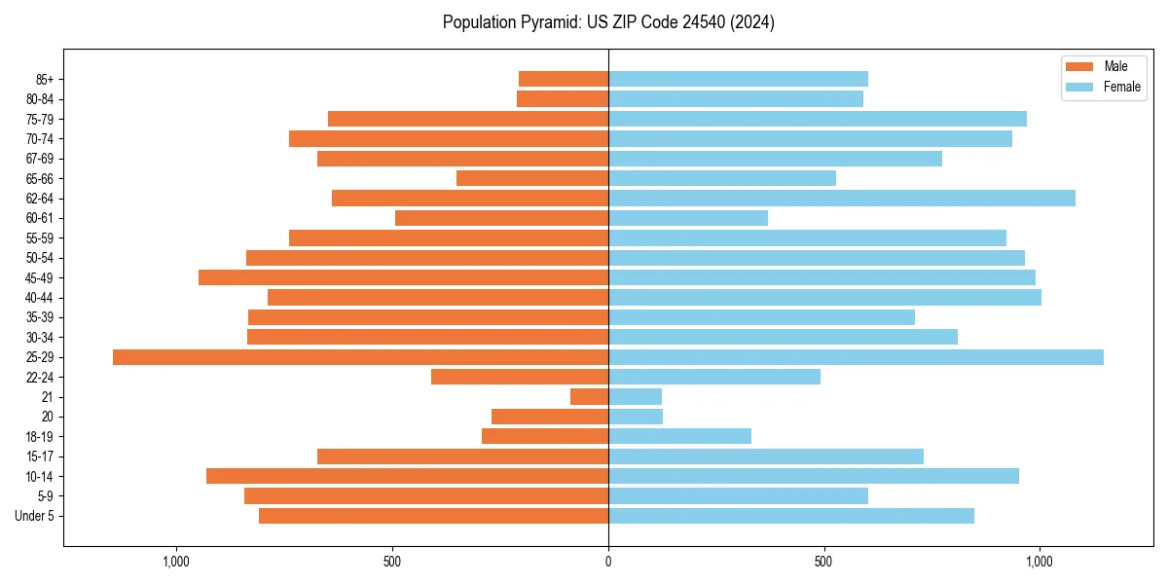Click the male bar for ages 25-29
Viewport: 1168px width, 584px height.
point(360,357)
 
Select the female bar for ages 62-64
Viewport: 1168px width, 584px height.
point(842,199)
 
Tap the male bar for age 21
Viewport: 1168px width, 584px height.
point(590,397)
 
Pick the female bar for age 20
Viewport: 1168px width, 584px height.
point(636,417)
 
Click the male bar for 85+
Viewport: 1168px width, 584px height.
point(564,79)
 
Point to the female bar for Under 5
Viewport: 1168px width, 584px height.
point(791,516)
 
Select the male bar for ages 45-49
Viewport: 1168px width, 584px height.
point(403,277)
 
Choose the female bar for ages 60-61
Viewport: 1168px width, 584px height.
point(688,218)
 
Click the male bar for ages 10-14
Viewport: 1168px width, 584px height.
point(407,476)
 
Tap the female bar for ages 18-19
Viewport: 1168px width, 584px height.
point(679,436)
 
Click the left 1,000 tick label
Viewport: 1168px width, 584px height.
point(176,562)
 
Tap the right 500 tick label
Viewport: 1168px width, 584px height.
point(824,562)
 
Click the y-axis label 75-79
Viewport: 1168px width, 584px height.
point(40,119)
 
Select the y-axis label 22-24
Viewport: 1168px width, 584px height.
point(40,377)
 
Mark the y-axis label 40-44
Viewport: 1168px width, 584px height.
point(40,298)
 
